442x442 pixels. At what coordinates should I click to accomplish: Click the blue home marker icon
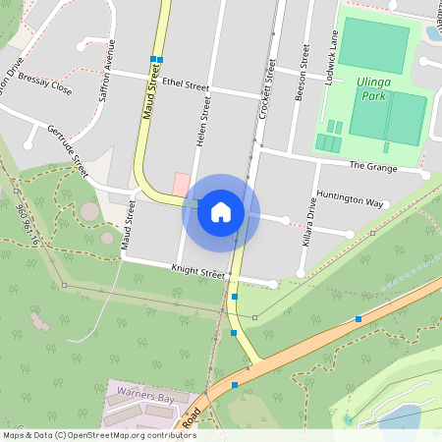(x=221, y=212)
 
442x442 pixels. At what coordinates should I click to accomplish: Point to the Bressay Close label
(x=45, y=88)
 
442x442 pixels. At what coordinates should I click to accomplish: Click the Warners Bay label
(x=139, y=398)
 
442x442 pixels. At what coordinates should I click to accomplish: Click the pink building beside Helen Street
(x=181, y=184)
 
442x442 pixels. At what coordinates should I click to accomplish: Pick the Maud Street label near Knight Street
(x=127, y=218)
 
